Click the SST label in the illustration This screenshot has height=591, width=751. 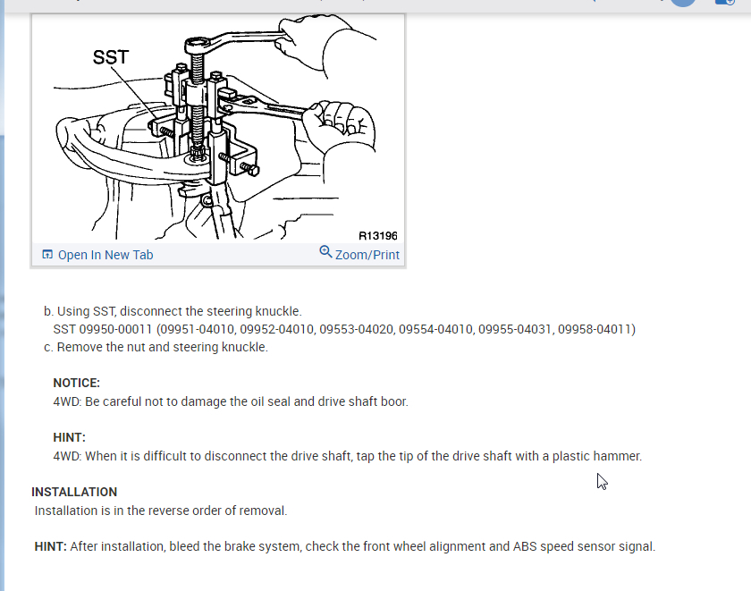click(111, 58)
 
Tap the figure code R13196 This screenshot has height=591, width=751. click(377, 236)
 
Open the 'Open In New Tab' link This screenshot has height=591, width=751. click(105, 255)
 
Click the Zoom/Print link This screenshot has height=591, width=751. click(367, 255)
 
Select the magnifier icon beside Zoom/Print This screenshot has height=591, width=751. click(325, 252)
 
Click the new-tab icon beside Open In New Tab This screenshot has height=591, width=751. click(47, 255)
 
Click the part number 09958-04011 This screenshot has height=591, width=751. click(596, 329)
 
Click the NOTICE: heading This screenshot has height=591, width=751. click(76, 383)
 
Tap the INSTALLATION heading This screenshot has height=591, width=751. click(74, 492)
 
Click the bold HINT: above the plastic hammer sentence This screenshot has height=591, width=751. click(69, 437)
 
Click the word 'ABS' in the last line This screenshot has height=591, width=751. click(526, 546)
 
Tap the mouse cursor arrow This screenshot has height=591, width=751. click(602, 481)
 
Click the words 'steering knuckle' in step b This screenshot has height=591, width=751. click(256, 311)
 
